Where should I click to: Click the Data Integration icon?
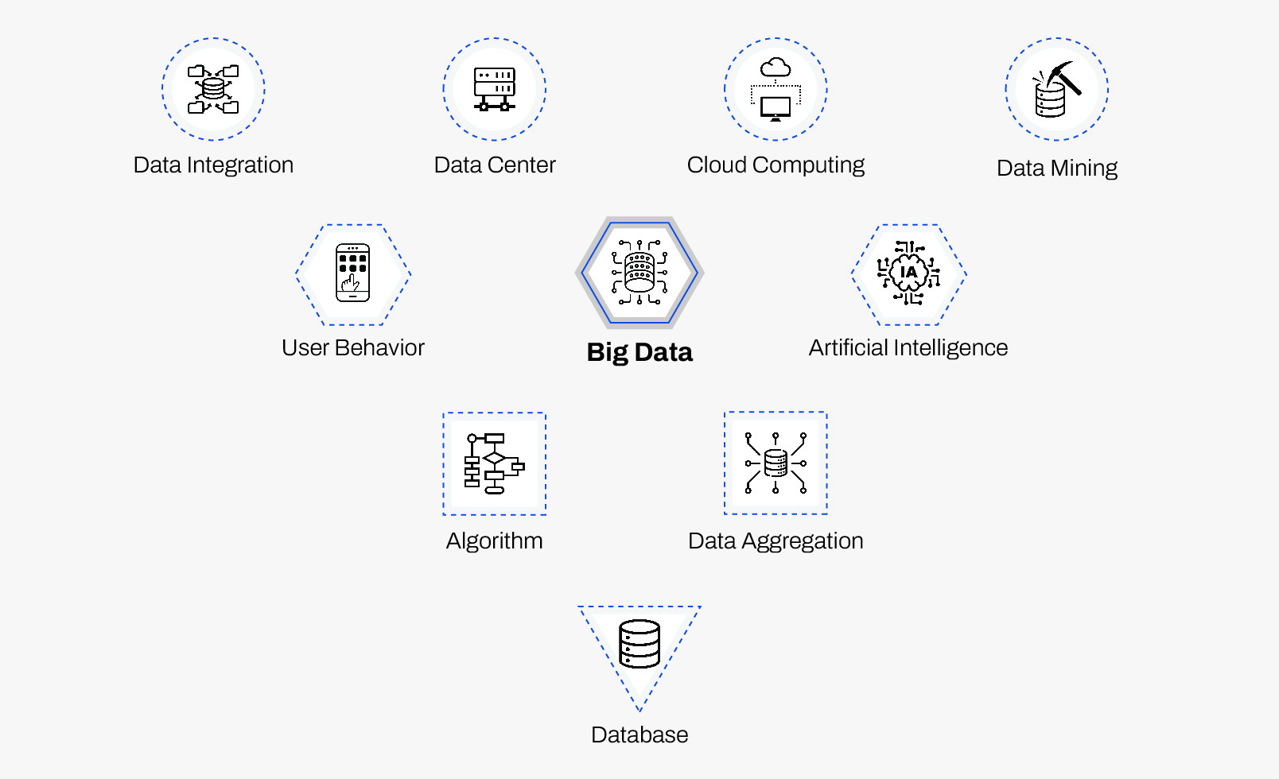[x=213, y=89]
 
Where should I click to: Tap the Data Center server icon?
[x=495, y=89]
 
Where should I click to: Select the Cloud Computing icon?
[x=776, y=89]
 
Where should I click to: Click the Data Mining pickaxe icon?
[x=1056, y=89]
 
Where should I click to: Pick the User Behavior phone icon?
[x=353, y=273]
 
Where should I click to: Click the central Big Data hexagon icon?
[x=639, y=273]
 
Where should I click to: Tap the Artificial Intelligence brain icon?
[x=908, y=273]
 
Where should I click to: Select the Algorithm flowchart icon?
[x=494, y=463]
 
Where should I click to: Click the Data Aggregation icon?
[x=776, y=463]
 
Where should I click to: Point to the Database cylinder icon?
[x=639, y=645]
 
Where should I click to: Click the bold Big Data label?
[x=639, y=352]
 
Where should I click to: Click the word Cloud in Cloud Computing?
[x=717, y=165]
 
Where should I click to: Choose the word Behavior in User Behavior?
[x=379, y=348]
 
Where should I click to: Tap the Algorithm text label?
[x=494, y=541]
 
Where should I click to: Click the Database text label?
[x=639, y=735]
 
